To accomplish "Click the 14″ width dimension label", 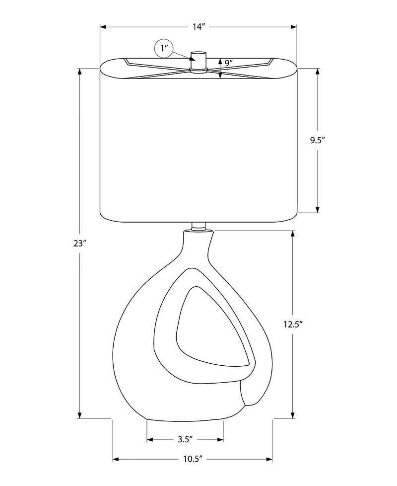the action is point(199,27).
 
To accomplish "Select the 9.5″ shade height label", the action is point(318,140).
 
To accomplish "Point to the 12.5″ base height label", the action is point(293,324).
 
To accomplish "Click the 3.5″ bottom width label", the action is point(185,439).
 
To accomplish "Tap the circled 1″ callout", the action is point(164,48).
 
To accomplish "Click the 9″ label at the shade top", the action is point(229,63).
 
